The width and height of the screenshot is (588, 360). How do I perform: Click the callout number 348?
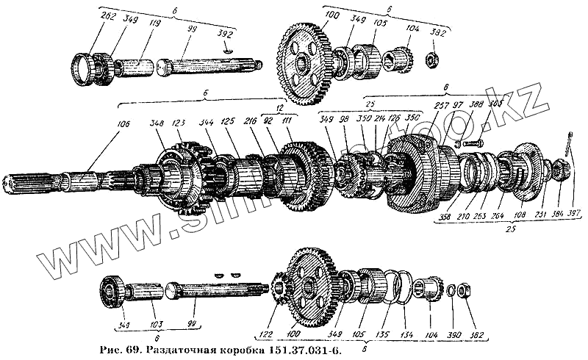click(x=157, y=123)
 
